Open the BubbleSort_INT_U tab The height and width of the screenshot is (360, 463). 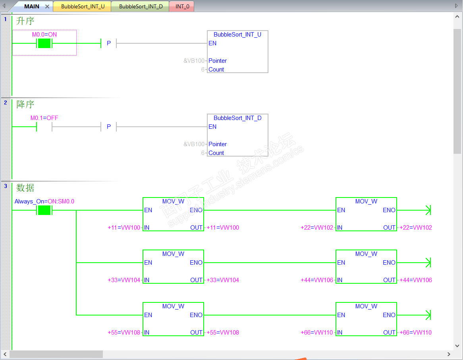(x=83, y=6)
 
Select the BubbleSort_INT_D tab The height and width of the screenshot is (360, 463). (x=141, y=6)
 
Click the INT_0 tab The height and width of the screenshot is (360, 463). (x=182, y=6)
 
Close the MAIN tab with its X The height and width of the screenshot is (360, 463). (x=47, y=6)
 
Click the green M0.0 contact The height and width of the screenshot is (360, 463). (x=44, y=43)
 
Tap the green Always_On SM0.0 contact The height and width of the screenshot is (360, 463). (x=44, y=210)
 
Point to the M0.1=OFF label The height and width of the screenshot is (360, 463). (x=44, y=118)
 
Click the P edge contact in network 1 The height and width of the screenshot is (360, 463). (x=109, y=43)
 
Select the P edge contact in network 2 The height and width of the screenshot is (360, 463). (x=109, y=127)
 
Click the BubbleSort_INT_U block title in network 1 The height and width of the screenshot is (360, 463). (x=237, y=35)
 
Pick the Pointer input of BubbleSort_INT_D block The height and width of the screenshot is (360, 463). (x=218, y=144)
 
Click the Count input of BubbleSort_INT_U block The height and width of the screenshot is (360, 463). (x=216, y=70)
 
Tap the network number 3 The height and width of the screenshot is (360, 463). (x=5, y=186)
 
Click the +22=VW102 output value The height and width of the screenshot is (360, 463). (x=415, y=228)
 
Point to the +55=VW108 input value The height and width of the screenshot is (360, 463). (x=124, y=333)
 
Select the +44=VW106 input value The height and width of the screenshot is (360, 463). (x=317, y=280)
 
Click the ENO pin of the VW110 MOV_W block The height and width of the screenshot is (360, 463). (x=389, y=315)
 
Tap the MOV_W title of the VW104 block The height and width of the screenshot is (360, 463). (x=174, y=254)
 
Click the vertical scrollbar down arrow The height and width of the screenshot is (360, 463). (x=457, y=346)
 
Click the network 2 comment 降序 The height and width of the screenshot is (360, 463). (x=25, y=105)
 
